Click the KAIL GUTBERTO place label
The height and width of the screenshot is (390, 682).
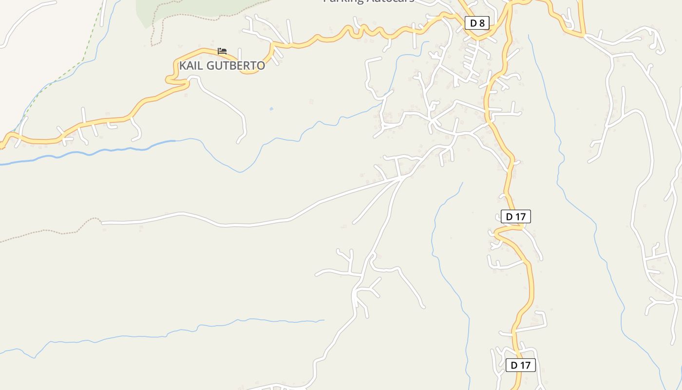[222, 65]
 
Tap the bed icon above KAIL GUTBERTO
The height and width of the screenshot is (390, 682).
[222, 51]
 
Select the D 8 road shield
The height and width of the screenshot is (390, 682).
[476, 22]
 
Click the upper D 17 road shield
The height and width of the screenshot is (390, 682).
[515, 216]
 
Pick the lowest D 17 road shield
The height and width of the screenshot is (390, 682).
[520, 365]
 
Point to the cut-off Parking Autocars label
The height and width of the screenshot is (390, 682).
[369, 1]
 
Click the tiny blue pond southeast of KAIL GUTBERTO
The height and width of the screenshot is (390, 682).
[271, 109]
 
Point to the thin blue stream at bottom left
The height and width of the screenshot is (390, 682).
[122, 336]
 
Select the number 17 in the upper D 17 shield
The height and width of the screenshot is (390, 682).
[520, 216]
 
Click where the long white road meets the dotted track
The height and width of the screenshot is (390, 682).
[102, 222]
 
